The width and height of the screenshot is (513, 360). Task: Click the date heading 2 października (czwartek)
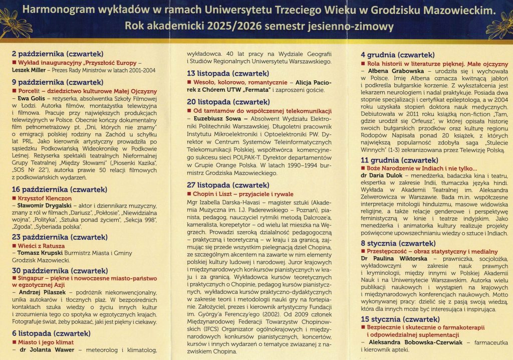click(x=57, y=53)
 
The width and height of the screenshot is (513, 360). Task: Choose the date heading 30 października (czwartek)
click(x=60, y=271)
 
